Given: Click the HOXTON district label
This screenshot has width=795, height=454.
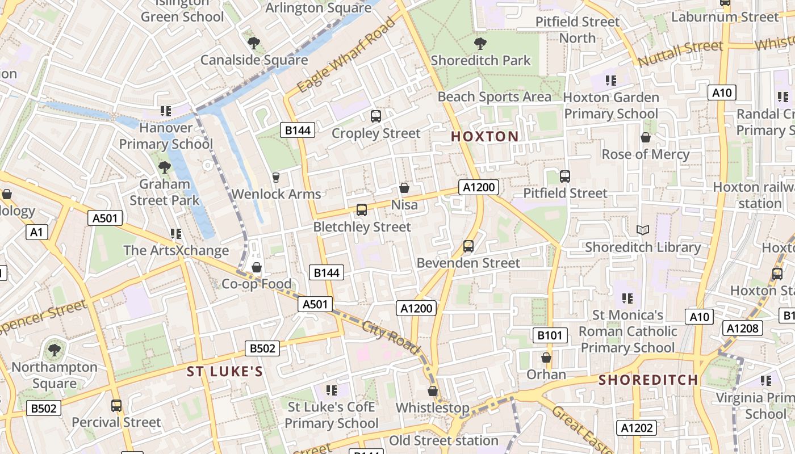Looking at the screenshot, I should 484,136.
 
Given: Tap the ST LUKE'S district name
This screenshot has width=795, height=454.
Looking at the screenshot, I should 225,372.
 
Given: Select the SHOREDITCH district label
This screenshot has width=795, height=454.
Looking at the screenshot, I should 648,380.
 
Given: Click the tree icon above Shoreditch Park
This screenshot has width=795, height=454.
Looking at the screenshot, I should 480,43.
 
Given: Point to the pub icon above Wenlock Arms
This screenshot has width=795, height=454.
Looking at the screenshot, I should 276,178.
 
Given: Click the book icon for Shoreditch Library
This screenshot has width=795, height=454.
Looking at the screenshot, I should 643,230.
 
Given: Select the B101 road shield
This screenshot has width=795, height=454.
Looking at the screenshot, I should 550,335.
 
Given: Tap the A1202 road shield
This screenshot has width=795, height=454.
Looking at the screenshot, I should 637,428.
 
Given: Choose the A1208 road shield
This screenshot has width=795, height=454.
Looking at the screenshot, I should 742,327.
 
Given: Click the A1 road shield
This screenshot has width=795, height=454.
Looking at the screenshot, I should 36,232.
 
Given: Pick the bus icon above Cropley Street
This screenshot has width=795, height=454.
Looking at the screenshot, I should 375,116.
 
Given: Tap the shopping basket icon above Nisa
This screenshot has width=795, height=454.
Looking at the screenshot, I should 404,188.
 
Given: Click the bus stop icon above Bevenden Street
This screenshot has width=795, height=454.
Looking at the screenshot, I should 468,246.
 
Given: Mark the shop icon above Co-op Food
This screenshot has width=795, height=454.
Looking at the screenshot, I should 257,267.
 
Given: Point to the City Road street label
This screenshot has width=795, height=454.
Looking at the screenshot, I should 391,338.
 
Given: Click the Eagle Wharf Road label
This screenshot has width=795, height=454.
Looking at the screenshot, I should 346,55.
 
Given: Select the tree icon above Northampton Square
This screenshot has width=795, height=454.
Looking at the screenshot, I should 55,350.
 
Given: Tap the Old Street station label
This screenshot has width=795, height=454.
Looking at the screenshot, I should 443,440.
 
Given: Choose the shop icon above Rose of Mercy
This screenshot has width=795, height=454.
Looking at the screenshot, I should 646,137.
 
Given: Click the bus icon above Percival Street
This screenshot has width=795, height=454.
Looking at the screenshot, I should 116,406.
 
